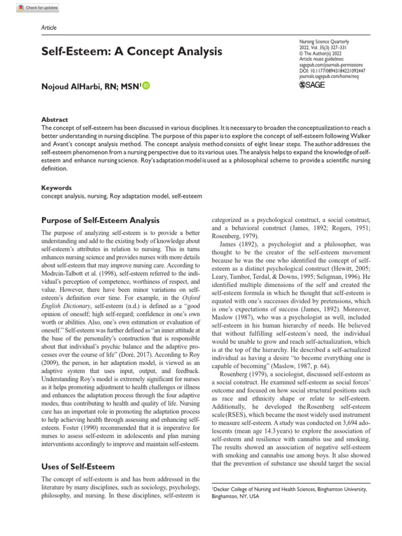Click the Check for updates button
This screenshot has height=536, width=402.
coord(38,8)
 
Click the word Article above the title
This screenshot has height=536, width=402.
coord(49,28)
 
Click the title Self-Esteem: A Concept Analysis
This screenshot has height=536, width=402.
coord(131,51)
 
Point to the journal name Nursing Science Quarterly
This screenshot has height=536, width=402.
coord(323,41)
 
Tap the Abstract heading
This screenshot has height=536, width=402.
coord(54,120)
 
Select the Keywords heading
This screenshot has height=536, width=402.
coord(57,187)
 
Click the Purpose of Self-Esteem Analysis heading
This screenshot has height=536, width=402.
coord(100,220)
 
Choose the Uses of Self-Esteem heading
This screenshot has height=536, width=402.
coord(77,466)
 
